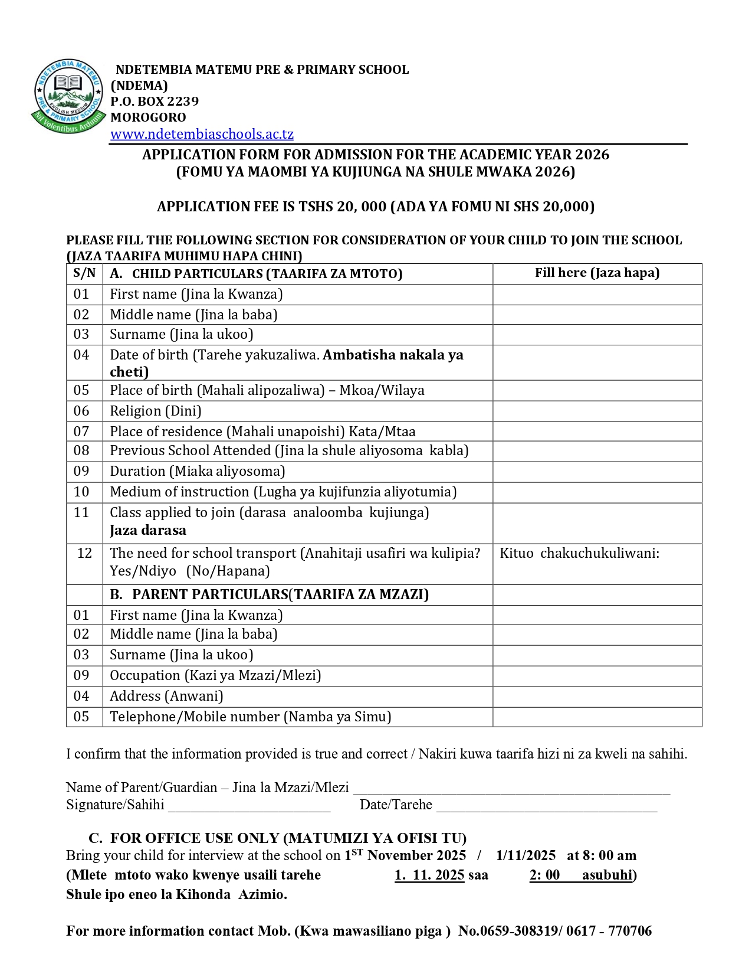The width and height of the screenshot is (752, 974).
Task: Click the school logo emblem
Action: [67, 97]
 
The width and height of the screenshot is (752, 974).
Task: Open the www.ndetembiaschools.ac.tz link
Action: [202, 134]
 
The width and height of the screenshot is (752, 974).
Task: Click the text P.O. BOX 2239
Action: [155, 102]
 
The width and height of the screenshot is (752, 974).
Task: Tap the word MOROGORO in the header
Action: [148, 117]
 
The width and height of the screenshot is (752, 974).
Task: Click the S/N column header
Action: [84, 273]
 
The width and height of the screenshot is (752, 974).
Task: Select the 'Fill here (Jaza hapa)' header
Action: [597, 273]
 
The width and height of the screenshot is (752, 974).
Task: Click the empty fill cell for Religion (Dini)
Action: [597, 411]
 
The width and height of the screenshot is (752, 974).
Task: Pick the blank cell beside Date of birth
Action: [597, 362]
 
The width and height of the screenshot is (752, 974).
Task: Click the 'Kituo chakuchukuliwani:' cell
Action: [579, 554]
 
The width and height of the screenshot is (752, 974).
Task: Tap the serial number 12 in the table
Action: [84, 553]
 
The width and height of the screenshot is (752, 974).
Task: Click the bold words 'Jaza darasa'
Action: [148, 530]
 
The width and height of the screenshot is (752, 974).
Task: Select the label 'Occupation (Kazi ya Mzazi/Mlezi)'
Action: [215, 675]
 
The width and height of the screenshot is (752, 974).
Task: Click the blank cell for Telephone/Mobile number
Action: [597, 717]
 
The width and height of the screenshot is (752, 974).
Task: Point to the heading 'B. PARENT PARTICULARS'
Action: [270, 594]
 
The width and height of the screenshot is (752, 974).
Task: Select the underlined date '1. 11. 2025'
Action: [429, 875]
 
